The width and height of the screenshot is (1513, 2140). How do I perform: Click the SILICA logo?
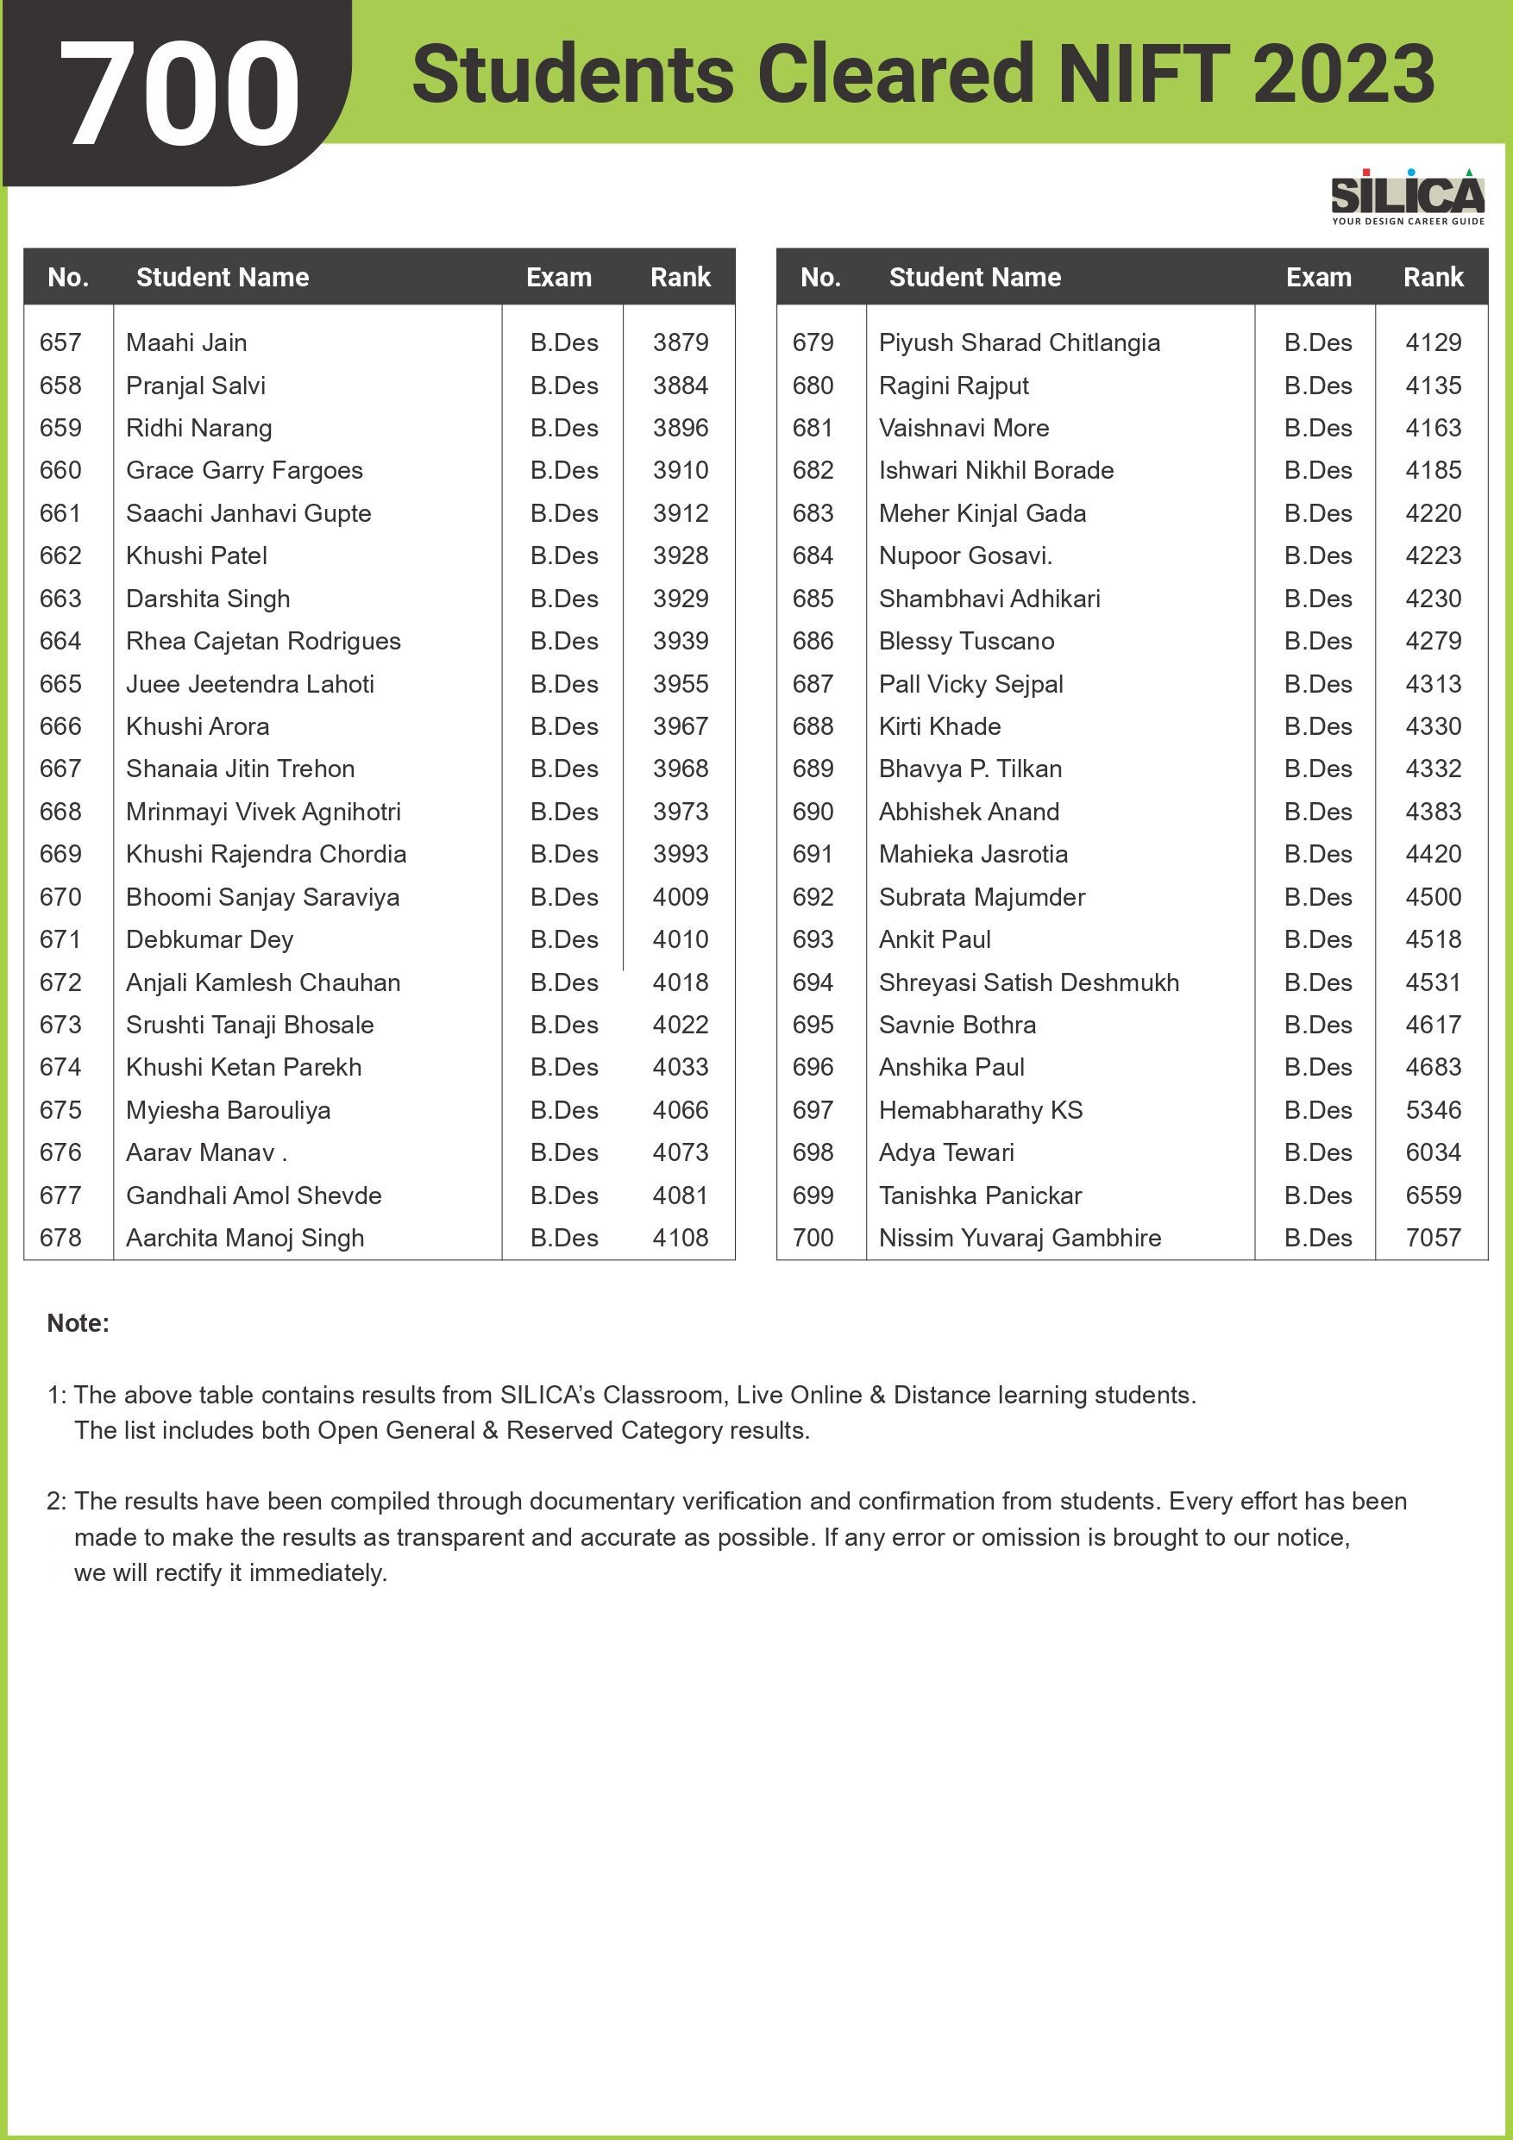(1407, 197)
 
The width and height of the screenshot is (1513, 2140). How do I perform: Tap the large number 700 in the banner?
(179, 93)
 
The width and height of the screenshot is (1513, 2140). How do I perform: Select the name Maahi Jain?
(186, 343)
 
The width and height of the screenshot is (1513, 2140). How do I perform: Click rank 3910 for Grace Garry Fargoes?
(680, 471)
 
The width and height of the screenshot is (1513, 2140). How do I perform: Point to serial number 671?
(60, 939)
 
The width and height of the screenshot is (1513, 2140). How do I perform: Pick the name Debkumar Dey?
(210, 939)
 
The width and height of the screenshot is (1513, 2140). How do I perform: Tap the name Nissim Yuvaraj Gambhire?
(1020, 1238)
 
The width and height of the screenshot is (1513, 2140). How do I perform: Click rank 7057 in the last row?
(1433, 1238)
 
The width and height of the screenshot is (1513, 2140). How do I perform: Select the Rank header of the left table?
(680, 277)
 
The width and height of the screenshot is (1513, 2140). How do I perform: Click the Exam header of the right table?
(1318, 277)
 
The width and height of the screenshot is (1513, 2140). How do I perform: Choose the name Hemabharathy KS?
(981, 1110)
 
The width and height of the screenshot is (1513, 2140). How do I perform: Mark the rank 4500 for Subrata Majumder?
(1433, 897)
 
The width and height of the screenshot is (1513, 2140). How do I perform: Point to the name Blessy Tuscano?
(967, 641)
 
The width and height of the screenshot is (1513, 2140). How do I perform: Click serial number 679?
(813, 343)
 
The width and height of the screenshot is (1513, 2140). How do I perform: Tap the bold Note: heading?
(78, 1323)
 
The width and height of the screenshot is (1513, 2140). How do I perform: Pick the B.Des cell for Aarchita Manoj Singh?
(564, 1238)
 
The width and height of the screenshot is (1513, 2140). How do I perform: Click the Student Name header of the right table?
(975, 277)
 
